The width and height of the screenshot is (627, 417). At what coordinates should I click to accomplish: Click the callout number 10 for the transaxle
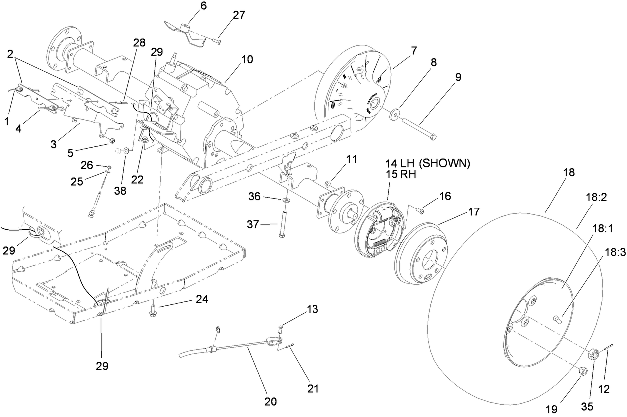tap(247, 60)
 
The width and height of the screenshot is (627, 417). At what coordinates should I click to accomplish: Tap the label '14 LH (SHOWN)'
tap(427, 164)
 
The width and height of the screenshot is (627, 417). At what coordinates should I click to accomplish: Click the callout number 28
tap(139, 43)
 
